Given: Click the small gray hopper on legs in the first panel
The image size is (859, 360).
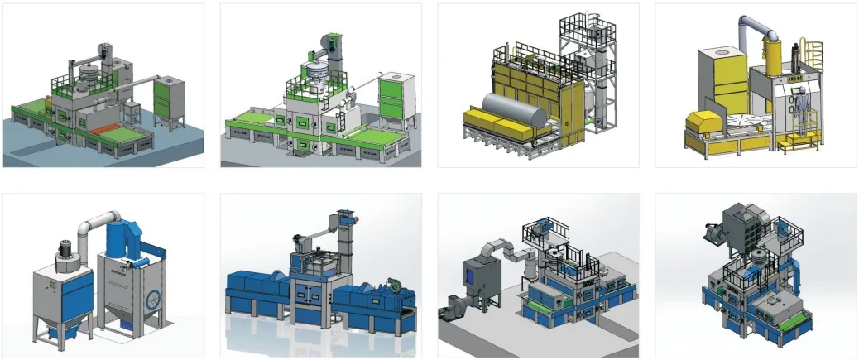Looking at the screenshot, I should point(132,110).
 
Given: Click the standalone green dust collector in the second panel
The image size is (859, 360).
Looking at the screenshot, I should point(391,101).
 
